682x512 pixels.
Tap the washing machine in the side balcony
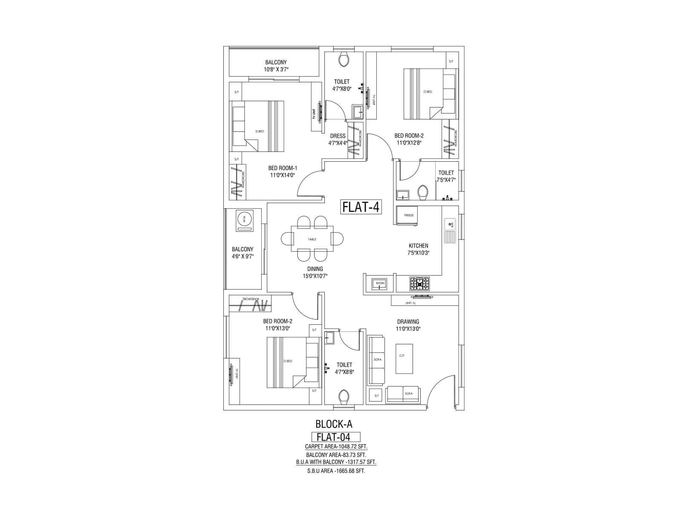[x=245, y=220]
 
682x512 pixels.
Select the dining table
[x=312, y=239]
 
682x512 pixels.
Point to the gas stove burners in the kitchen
[x=420, y=283]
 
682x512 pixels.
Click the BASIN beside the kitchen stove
[x=379, y=283]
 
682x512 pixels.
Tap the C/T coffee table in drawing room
[x=404, y=358]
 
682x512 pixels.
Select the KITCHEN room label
[x=418, y=246]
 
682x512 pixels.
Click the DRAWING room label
[x=408, y=322]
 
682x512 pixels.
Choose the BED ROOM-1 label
[x=282, y=168]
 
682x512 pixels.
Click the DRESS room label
[x=338, y=136]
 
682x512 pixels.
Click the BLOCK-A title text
[x=334, y=424]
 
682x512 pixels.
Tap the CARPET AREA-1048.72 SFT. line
[x=336, y=447]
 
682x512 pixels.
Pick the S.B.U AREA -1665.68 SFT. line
[x=336, y=471]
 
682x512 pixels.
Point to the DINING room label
[x=315, y=269]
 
